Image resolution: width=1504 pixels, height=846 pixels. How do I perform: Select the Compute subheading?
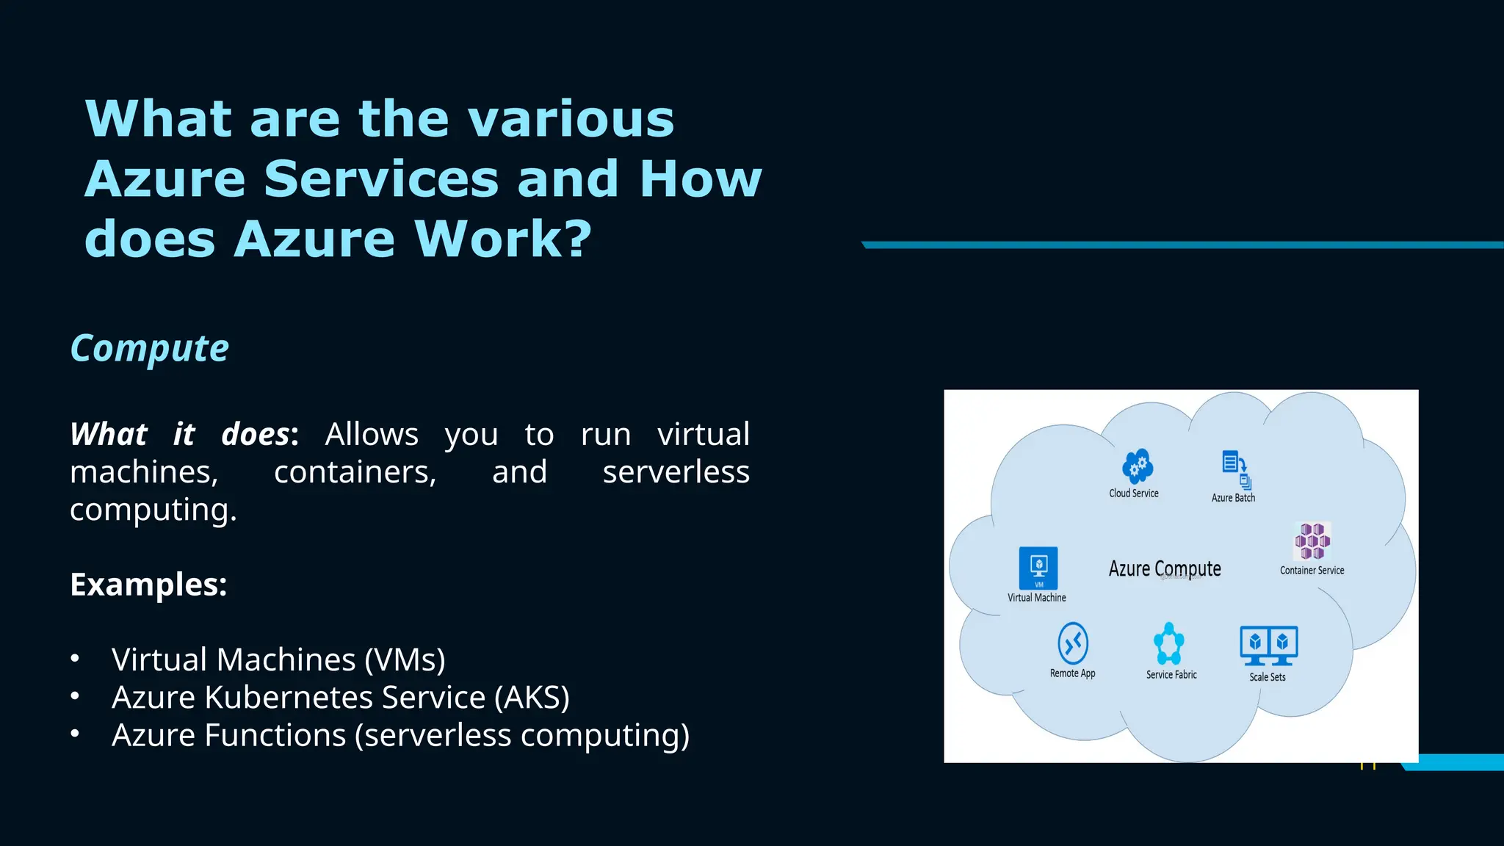click(x=149, y=348)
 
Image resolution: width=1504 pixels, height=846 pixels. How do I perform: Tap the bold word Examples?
click(x=148, y=585)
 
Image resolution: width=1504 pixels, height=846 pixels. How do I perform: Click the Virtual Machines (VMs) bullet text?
click(x=278, y=659)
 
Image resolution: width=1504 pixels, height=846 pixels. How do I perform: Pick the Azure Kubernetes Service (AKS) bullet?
click(x=340, y=697)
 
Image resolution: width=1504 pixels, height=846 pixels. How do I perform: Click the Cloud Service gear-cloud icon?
click(x=1137, y=466)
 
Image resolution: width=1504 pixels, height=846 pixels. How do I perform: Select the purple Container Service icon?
click(x=1312, y=541)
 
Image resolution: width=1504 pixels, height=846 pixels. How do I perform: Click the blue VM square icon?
click(x=1038, y=568)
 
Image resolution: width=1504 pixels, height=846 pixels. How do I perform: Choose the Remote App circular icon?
click(x=1072, y=643)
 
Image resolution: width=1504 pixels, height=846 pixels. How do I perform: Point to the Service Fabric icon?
click(x=1168, y=644)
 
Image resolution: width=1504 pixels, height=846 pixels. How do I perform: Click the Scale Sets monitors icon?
click(x=1268, y=646)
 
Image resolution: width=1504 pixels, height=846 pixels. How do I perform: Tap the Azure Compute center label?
click(x=1165, y=568)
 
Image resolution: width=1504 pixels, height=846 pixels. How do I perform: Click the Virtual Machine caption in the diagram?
click(x=1036, y=598)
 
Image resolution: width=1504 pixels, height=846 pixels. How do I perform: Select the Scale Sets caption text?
click(x=1268, y=677)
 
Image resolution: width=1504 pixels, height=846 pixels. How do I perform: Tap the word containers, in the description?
click(x=355, y=471)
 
